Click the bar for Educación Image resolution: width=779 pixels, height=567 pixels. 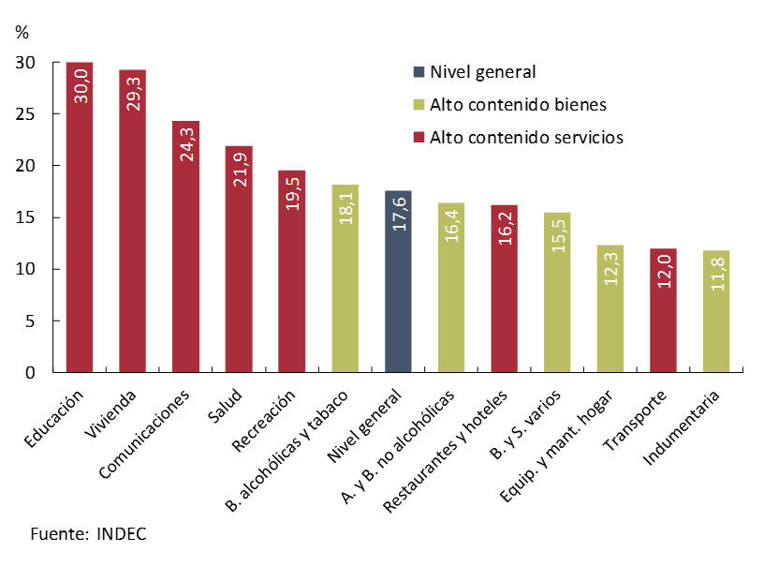pyautogui.click(x=80, y=234)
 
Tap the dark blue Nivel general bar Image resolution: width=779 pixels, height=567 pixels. pyautogui.click(x=398, y=291)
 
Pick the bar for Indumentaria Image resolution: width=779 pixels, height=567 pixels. pyautogui.click(x=716, y=319)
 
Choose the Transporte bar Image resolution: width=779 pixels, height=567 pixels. pyautogui.click(x=663, y=319)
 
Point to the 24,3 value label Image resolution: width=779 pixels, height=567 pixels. pyautogui.click(x=186, y=141)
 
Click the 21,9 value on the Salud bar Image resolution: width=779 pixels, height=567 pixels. pyautogui.click(x=240, y=166)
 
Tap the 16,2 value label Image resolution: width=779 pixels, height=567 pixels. pyautogui.click(x=505, y=225)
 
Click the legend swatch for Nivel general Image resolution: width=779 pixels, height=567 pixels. pyautogui.click(x=419, y=71)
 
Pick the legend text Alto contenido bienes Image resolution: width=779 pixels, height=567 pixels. pyautogui.click(x=518, y=104)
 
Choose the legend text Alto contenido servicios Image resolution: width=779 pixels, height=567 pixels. pyautogui.click(x=526, y=137)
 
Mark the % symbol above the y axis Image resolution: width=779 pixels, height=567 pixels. pyautogui.click(x=22, y=32)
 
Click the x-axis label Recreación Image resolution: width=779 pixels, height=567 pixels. pyautogui.click(x=275, y=413)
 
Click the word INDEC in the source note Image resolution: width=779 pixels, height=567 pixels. pyautogui.click(x=121, y=534)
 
